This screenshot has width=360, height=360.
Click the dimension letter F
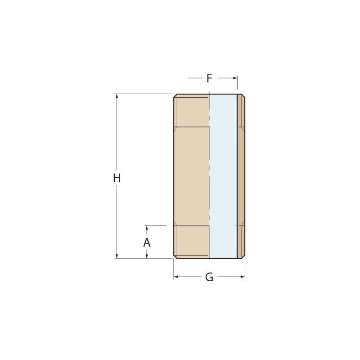[209, 78]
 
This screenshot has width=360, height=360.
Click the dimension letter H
[117, 178]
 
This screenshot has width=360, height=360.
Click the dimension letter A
[147, 243]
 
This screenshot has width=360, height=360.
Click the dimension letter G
[209, 277]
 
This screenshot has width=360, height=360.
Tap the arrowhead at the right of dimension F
[235, 78]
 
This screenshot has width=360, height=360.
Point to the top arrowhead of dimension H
[117, 96]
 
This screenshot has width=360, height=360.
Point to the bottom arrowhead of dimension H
[117, 256]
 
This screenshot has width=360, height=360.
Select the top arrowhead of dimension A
[147, 228]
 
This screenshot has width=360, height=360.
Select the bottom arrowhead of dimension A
[147, 256]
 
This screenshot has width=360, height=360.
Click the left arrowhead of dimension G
[176, 277]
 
